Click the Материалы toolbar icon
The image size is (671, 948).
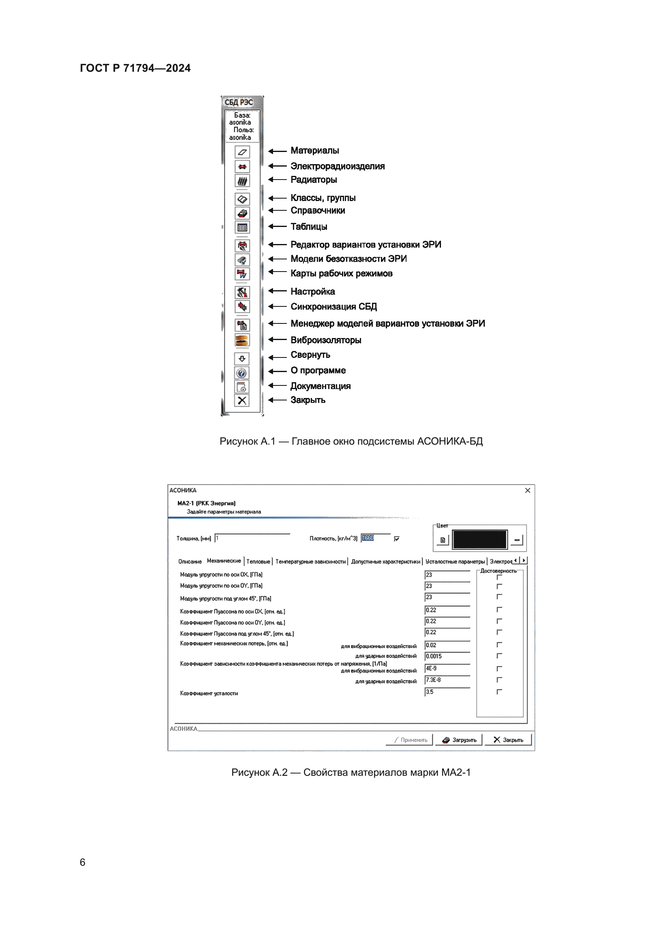point(242,152)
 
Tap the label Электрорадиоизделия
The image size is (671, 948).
point(337,166)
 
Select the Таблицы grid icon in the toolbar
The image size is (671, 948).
point(242,227)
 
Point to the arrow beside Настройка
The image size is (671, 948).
point(277,291)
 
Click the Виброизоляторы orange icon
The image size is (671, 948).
point(242,340)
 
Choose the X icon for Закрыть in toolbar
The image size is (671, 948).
point(242,400)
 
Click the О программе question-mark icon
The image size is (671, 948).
point(242,373)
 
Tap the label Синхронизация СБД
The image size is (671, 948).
point(333,306)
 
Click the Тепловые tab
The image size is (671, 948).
point(258,561)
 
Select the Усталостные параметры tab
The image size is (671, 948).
point(455,561)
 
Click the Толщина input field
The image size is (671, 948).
point(252,538)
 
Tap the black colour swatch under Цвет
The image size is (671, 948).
point(479,539)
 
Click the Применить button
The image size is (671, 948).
point(410,740)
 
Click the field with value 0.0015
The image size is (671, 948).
point(447,656)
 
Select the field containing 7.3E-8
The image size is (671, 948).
point(447,680)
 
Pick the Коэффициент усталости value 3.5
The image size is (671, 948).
point(447,691)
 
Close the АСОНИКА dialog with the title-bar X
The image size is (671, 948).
point(528,490)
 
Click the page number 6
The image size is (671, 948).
point(83,862)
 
